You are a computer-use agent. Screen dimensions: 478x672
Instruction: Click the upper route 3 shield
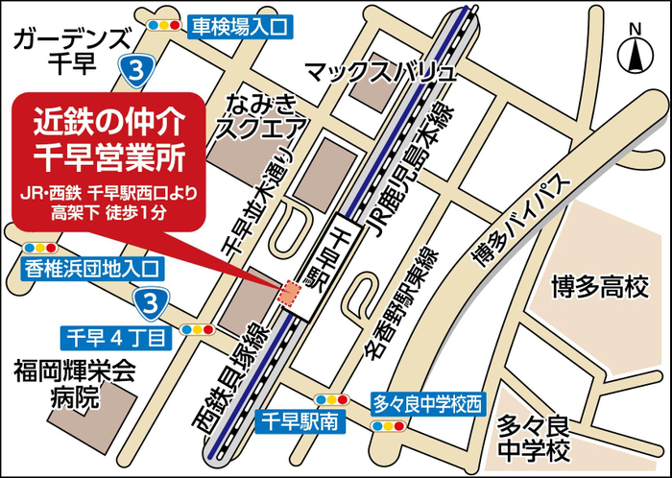click(139, 68)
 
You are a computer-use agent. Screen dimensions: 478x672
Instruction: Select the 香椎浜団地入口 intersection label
click(94, 269)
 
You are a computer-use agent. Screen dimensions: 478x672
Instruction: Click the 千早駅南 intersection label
click(300, 419)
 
